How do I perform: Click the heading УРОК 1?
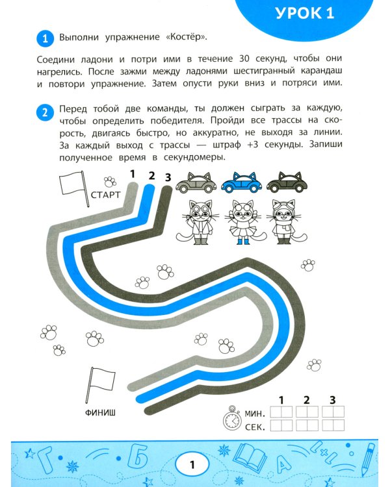(304, 14)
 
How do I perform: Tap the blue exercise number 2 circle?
(44, 112)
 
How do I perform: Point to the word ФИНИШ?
(102, 412)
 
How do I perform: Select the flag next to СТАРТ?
(71, 184)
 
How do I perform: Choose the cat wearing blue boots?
(242, 221)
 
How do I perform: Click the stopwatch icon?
(231, 419)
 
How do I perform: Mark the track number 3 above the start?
(168, 177)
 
